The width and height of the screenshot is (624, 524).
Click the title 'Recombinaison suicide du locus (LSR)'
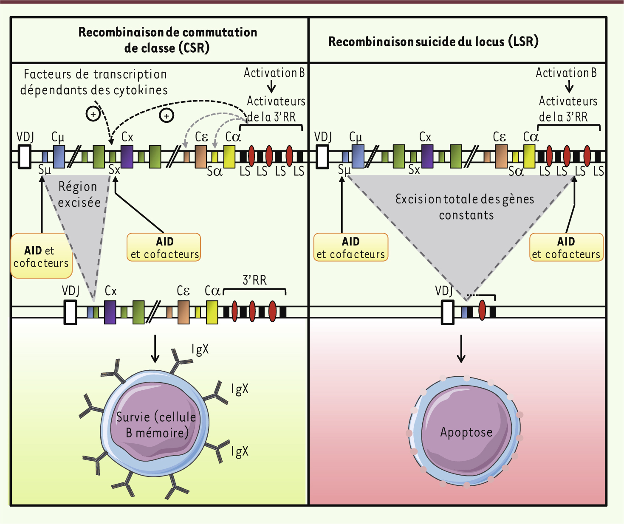(x=433, y=42)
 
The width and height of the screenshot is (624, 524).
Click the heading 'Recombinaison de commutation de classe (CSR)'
(x=167, y=40)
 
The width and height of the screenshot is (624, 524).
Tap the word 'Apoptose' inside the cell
(x=466, y=432)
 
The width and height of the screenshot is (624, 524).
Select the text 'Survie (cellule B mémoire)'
(x=156, y=425)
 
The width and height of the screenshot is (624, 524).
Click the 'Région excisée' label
(x=79, y=194)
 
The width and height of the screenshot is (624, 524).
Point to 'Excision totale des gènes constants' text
(x=465, y=207)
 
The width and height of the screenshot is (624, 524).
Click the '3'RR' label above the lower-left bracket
(x=254, y=280)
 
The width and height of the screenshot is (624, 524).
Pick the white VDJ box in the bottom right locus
(x=447, y=312)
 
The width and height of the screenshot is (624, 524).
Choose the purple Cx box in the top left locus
(x=127, y=157)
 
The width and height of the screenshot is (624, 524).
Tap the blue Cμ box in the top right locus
(x=358, y=157)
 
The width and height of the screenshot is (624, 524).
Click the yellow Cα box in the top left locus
(x=229, y=157)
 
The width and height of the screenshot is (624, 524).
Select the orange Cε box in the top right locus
(x=501, y=157)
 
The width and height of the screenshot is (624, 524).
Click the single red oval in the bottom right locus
(x=482, y=310)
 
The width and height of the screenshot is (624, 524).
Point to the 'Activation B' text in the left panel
(x=274, y=73)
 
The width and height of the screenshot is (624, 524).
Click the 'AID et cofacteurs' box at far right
(x=566, y=247)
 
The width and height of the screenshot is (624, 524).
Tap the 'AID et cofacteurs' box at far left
(x=41, y=256)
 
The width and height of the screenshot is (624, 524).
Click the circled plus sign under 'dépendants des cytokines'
(x=93, y=114)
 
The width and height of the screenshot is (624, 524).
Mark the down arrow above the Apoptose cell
(x=461, y=349)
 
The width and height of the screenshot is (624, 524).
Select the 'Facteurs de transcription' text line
(x=95, y=74)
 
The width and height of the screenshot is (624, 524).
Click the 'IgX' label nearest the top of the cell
(x=200, y=349)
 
